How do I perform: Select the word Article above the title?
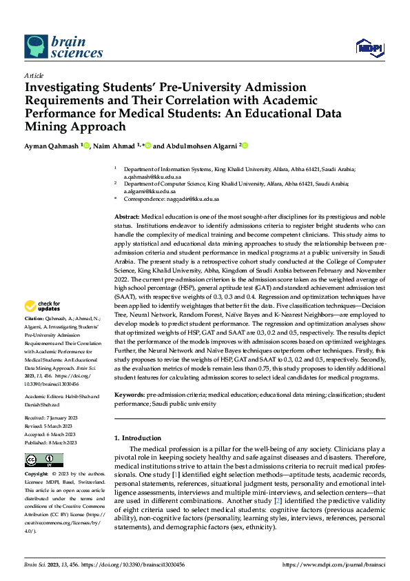(x=34, y=75)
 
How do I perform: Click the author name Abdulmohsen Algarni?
(x=195, y=146)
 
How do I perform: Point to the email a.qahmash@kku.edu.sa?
(x=145, y=177)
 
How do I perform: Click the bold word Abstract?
(x=126, y=217)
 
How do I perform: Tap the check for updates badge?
(x=43, y=306)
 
